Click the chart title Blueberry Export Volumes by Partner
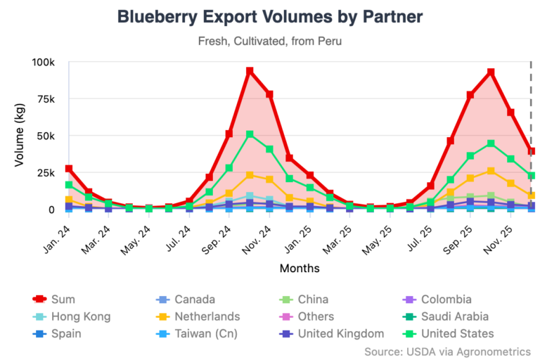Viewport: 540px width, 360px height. [270, 16]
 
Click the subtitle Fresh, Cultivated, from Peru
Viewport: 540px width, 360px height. [270, 41]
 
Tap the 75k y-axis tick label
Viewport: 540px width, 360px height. [45, 99]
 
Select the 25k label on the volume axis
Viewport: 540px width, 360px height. [45, 173]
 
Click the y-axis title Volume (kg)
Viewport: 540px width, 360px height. [20, 136]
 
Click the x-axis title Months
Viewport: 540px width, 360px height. [300, 268]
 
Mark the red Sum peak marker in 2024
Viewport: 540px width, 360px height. [250, 71]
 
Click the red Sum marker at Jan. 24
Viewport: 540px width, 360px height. [69, 169]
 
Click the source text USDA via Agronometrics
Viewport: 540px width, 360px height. [447, 350]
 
